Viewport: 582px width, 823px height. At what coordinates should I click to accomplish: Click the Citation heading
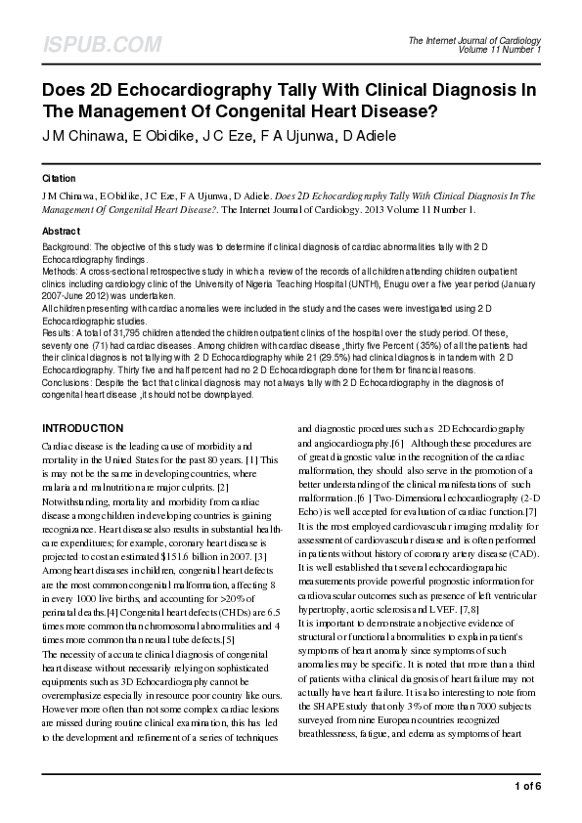coord(59,180)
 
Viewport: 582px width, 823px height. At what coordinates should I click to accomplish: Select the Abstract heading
coord(61,231)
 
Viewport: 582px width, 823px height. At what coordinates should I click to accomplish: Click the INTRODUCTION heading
coord(82,429)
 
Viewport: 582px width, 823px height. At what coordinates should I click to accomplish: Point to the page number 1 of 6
coord(526,786)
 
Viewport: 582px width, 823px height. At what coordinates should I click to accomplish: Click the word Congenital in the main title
coord(273,110)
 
